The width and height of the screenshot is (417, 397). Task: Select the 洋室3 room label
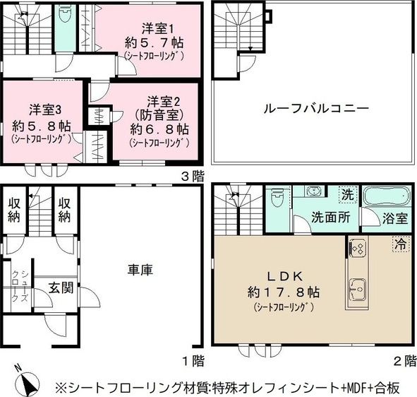(41, 110)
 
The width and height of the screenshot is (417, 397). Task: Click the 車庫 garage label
(140, 270)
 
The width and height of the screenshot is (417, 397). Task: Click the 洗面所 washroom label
(331, 218)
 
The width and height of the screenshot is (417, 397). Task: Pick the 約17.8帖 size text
(282, 292)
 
